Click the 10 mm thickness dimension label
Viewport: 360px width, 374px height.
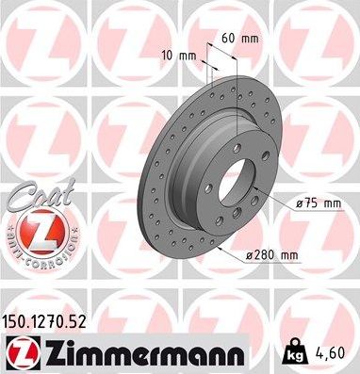tap(178, 55)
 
